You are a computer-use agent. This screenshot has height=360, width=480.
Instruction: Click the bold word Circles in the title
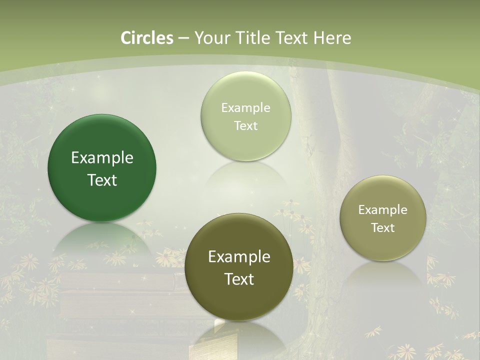coord(147,38)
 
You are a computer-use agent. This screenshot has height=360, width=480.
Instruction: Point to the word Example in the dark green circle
coord(102,158)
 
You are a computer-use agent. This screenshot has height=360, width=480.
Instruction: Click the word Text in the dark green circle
coord(102,180)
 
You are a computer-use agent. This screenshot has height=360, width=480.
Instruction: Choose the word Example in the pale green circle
coord(246,107)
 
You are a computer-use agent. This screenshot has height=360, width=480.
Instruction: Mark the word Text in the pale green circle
coord(246,125)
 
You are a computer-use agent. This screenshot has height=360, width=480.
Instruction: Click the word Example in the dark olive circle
coord(239,257)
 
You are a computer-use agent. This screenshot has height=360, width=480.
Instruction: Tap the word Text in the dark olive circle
coord(239,279)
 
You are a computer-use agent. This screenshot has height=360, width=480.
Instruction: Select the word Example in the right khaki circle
coord(383,210)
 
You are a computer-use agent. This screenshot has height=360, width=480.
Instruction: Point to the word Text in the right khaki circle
coord(383,228)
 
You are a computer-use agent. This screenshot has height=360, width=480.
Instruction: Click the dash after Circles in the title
coord(183,38)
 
